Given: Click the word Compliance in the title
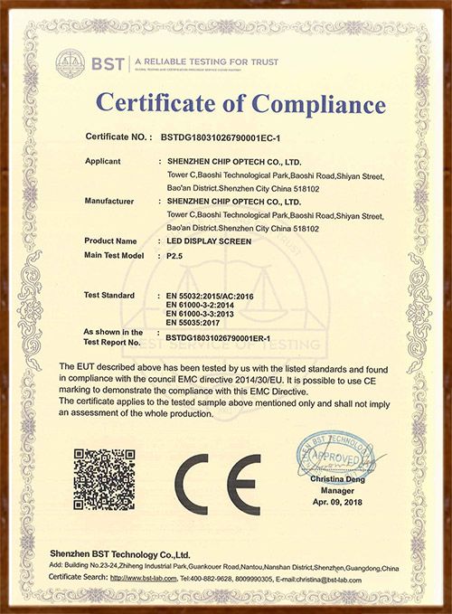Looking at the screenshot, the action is (302, 104).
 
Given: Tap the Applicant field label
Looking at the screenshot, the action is (103, 161).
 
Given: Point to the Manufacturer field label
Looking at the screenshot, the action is (109, 201).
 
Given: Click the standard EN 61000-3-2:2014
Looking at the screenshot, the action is (201, 307).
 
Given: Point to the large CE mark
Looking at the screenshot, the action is (217, 484).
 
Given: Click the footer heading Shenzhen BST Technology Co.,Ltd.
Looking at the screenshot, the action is (119, 553).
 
